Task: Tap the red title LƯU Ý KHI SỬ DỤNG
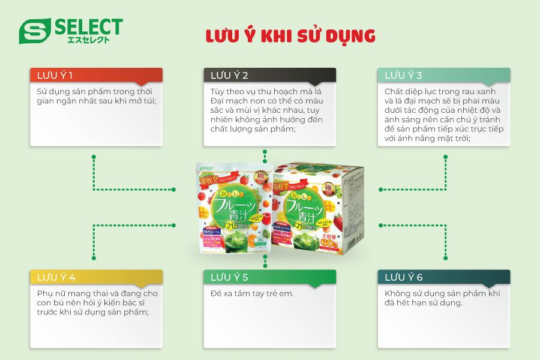click(290, 36)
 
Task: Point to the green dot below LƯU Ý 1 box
click(94, 157)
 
